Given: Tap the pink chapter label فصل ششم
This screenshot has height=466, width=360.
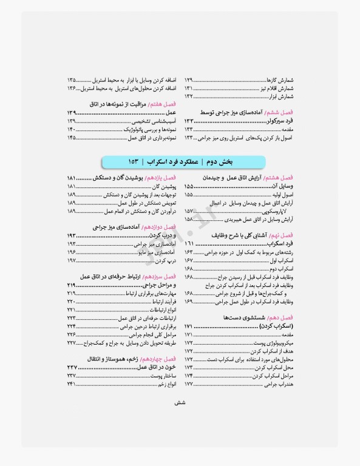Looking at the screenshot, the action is [x=279, y=113].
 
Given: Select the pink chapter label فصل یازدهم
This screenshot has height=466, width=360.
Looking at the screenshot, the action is [x=163, y=177].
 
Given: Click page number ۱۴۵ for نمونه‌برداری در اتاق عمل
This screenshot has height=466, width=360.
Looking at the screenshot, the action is [x=72, y=138].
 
